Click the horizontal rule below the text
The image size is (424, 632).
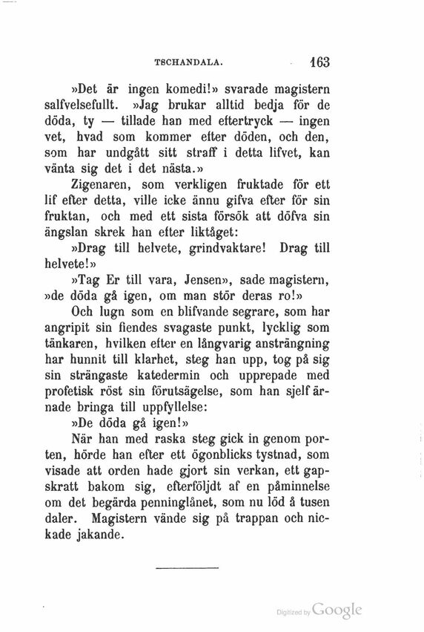click(188, 569)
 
